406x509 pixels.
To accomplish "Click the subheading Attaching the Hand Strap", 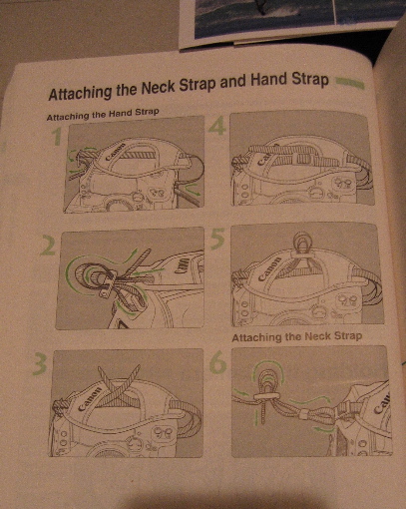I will pos(104,115).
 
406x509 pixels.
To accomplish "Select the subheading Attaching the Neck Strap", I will pos(296,337).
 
